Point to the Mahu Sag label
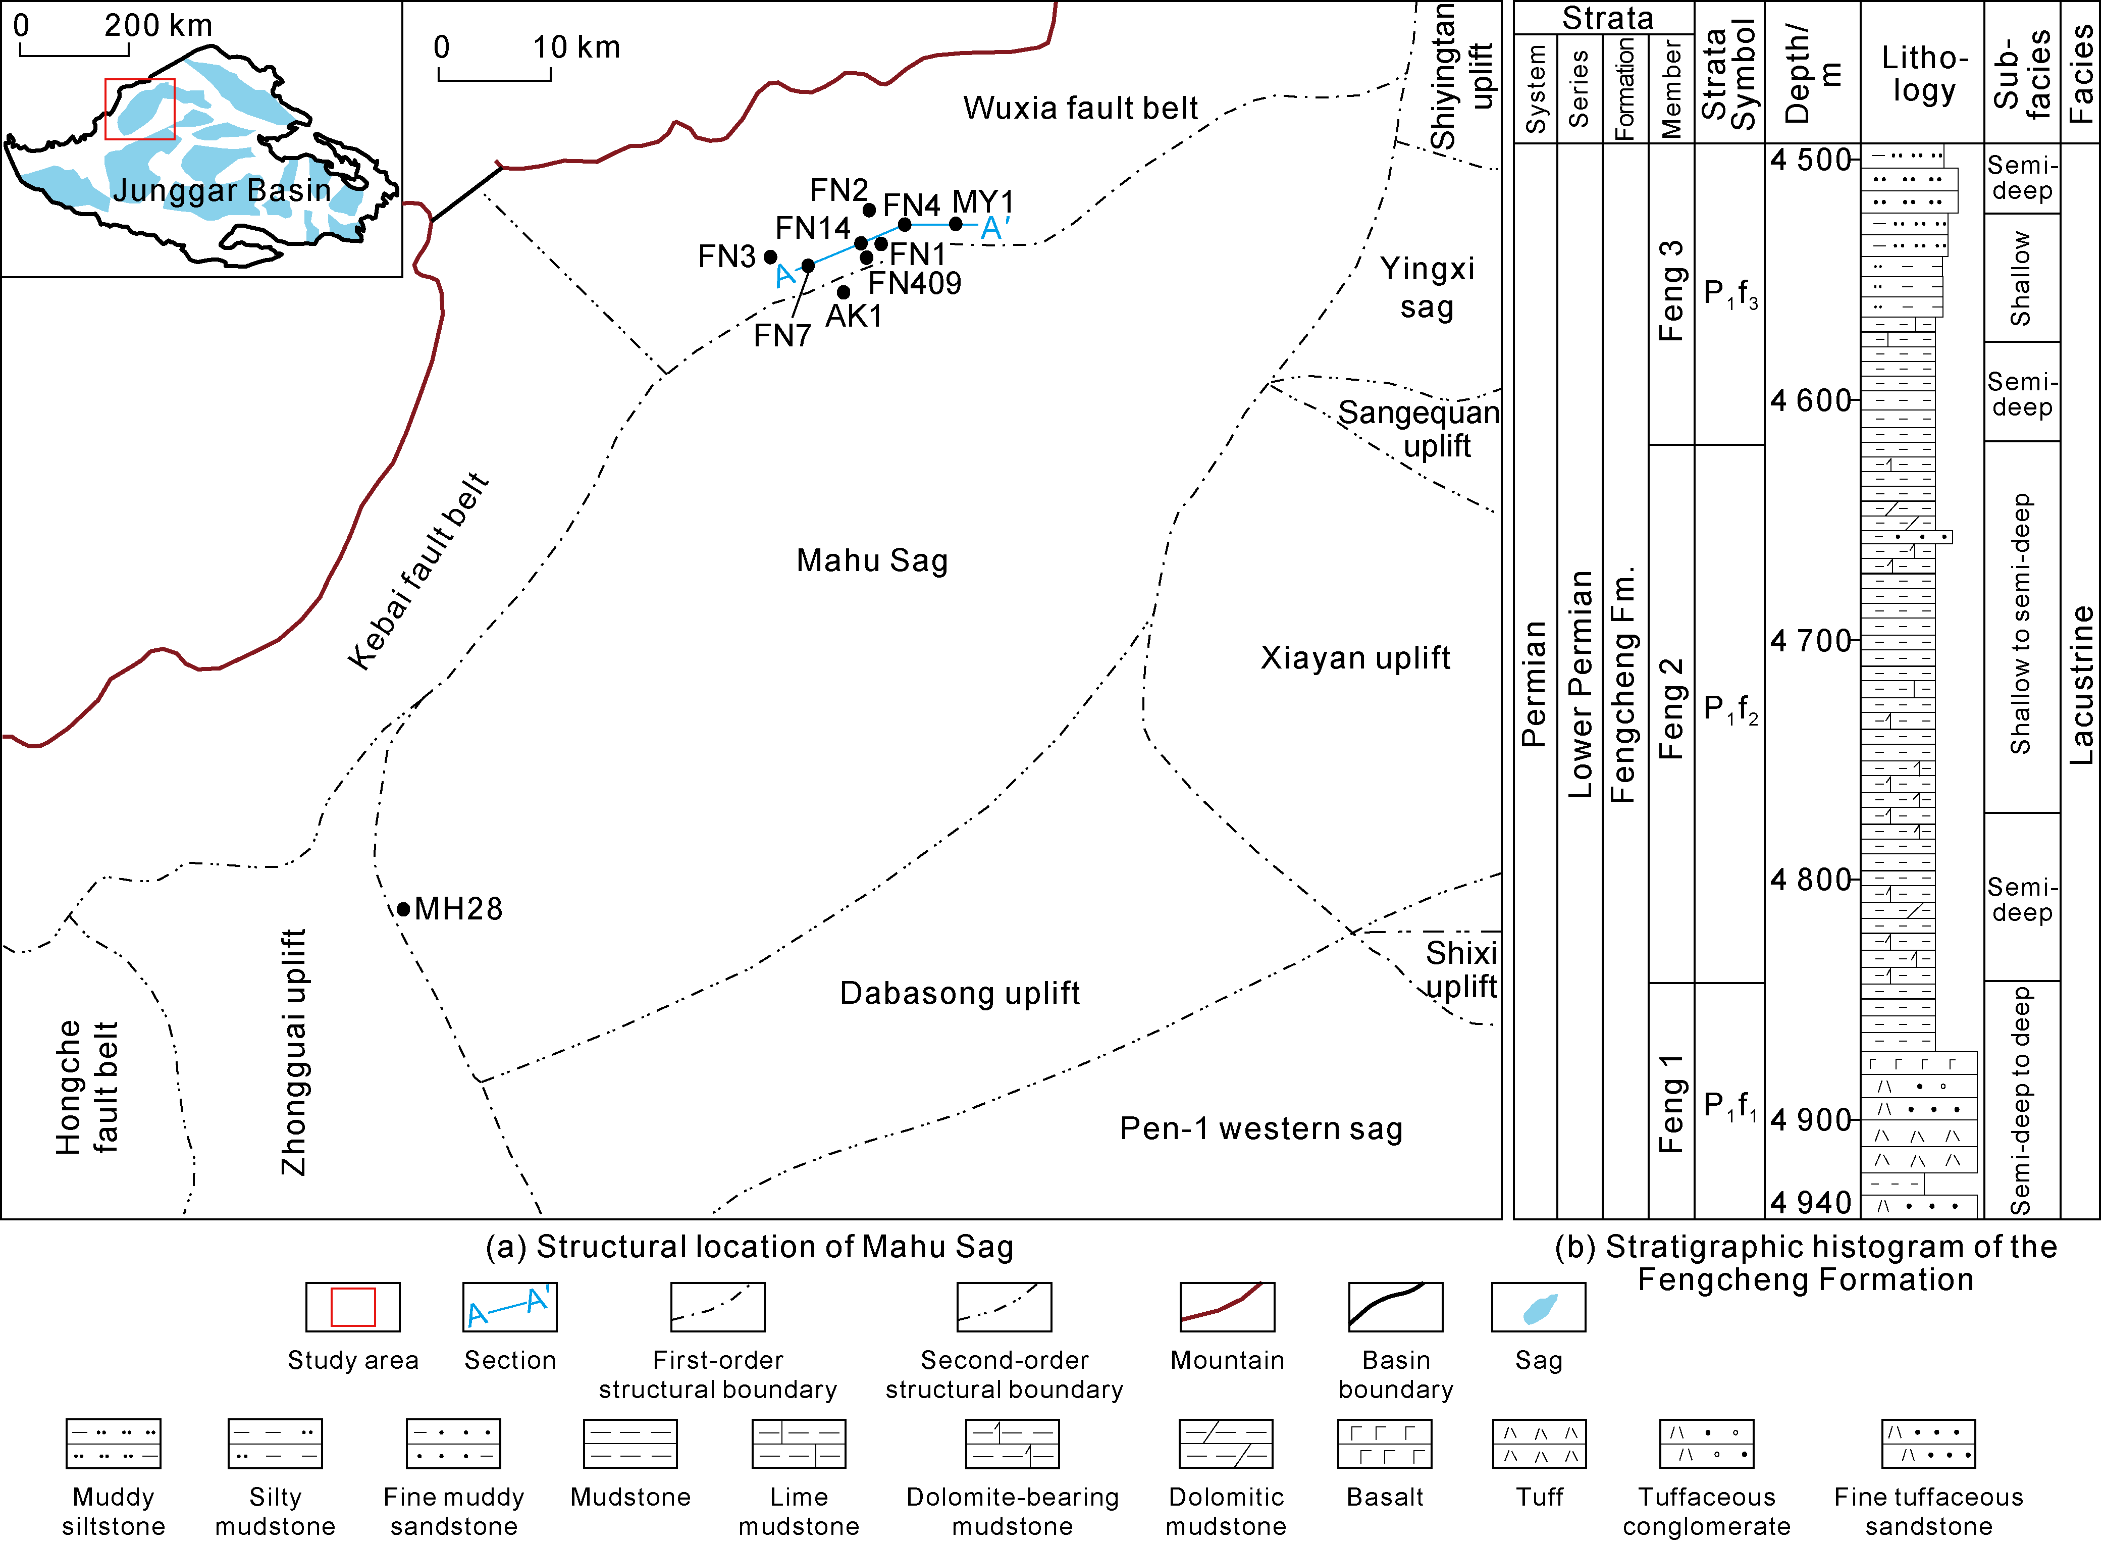872,560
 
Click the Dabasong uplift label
959,993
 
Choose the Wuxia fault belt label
1080,109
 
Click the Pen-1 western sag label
1260,1129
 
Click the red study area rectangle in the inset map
140,109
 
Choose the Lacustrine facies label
2081,685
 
